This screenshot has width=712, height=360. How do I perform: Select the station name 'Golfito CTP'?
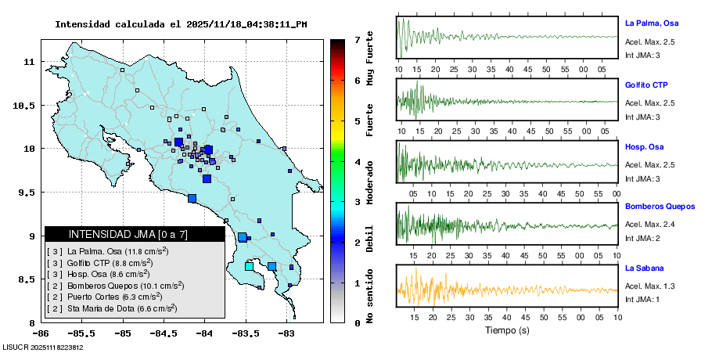pos(646,85)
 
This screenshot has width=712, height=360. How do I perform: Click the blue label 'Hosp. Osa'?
pos(644,146)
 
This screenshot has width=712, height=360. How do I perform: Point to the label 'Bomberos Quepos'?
pos(660,207)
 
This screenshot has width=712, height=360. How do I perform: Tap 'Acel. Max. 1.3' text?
pos(649,286)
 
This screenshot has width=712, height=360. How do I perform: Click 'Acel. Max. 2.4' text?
pos(649,225)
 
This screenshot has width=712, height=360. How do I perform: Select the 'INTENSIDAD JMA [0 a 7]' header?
pos(128,234)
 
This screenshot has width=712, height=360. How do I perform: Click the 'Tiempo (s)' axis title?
pos(507,330)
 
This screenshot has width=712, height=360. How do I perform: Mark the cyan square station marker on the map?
pos(250,267)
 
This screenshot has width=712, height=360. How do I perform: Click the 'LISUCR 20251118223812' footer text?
pos(43,347)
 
